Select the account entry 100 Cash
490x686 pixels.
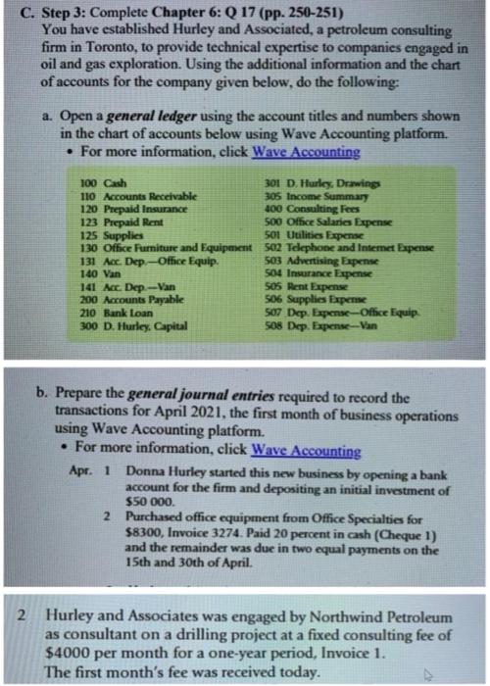(x=103, y=184)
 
